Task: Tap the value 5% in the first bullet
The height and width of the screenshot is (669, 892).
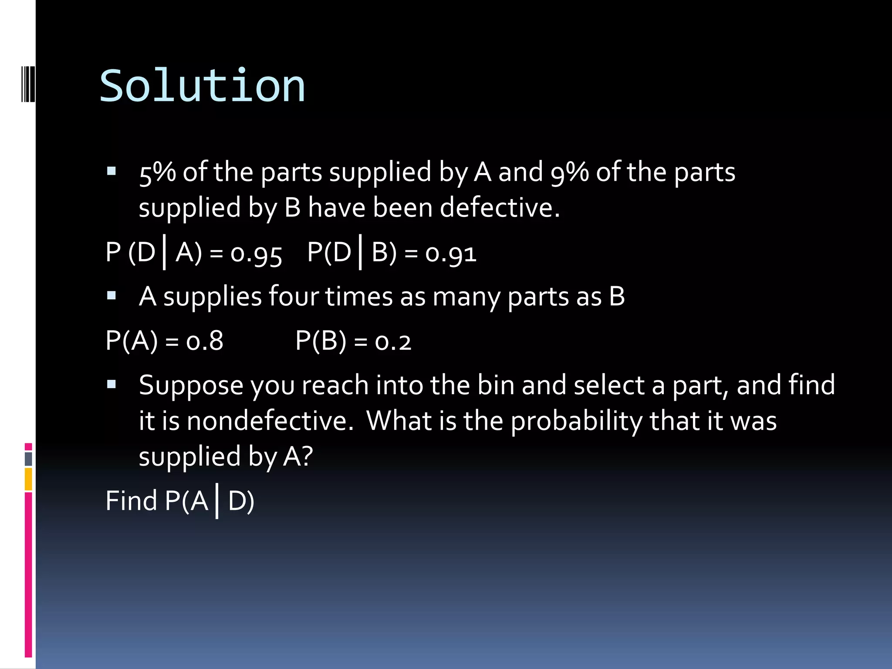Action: tap(157, 172)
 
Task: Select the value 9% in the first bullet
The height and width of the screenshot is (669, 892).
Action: tap(569, 172)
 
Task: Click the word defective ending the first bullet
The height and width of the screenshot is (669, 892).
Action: tap(499, 208)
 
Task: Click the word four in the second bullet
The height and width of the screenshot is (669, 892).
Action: tap(294, 297)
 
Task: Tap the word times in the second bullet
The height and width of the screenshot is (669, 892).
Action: tap(359, 297)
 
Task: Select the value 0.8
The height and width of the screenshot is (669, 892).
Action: tap(205, 341)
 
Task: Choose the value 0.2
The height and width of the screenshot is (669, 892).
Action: tap(393, 341)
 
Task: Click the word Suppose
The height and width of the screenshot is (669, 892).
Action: tap(191, 386)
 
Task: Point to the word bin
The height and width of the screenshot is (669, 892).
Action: tap(496, 385)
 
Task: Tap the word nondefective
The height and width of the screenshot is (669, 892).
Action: tap(270, 421)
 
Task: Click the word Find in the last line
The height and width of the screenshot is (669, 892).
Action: tap(131, 500)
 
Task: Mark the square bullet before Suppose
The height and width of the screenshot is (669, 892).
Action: tap(111, 384)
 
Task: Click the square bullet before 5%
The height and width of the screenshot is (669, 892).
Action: tap(111, 171)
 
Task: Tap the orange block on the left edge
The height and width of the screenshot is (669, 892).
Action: tap(28, 479)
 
